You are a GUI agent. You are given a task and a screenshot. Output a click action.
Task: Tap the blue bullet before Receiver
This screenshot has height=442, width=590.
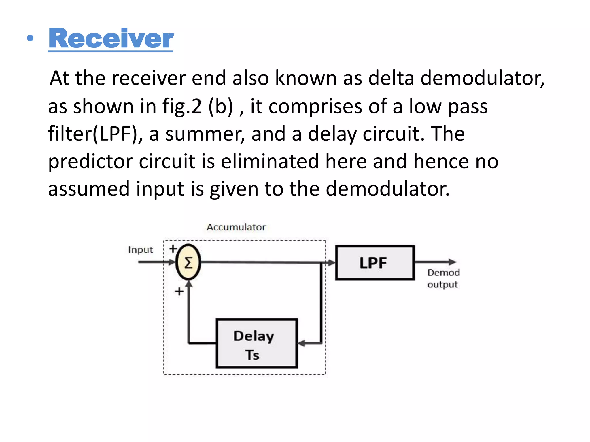point(30,38)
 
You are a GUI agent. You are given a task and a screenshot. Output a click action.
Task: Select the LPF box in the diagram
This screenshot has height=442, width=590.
point(375,262)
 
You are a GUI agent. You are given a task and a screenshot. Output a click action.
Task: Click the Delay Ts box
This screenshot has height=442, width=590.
point(256,343)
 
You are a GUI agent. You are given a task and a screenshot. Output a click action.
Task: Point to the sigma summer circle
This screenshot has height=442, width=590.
point(188,262)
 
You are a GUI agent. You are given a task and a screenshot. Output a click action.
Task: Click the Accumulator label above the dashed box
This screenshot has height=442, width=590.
point(236,227)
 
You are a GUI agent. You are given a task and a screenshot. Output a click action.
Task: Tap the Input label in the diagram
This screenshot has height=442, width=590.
point(140,250)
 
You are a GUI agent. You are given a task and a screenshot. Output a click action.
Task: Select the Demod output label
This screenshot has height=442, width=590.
point(443,279)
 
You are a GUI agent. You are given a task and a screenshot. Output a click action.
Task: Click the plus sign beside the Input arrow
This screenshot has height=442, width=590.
point(173,249)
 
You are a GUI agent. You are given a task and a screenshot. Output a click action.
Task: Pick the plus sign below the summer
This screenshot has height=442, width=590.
point(179,291)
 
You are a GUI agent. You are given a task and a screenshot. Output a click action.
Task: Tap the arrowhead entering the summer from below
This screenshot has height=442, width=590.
point(189,284)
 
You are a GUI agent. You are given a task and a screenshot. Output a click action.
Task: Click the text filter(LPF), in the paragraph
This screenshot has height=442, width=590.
point(95,134)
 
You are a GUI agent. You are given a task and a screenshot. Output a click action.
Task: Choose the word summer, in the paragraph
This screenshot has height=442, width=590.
point(205,134)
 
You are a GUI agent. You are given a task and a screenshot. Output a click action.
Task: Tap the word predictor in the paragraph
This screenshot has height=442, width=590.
point(90,161)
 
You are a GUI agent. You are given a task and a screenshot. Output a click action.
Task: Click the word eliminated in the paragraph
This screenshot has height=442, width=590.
point(270,161)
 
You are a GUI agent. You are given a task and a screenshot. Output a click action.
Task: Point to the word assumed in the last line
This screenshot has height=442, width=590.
point(89,189)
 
